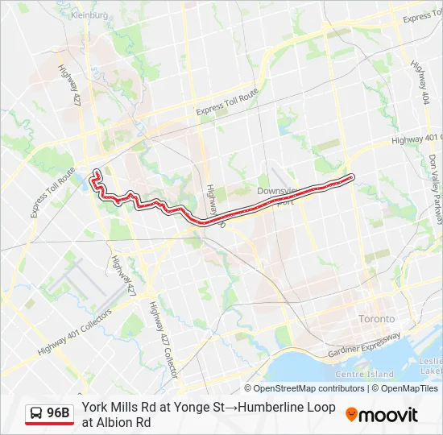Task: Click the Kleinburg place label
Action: point(89,14)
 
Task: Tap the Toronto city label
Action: point(376,317)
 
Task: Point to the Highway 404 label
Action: point(419,77)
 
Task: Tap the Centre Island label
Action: point(364,374)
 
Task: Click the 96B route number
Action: point(58,413)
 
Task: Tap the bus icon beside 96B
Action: point(37,413)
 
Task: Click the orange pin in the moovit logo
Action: point(352,414)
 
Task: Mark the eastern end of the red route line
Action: point(352,176)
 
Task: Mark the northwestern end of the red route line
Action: point(96,172)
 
